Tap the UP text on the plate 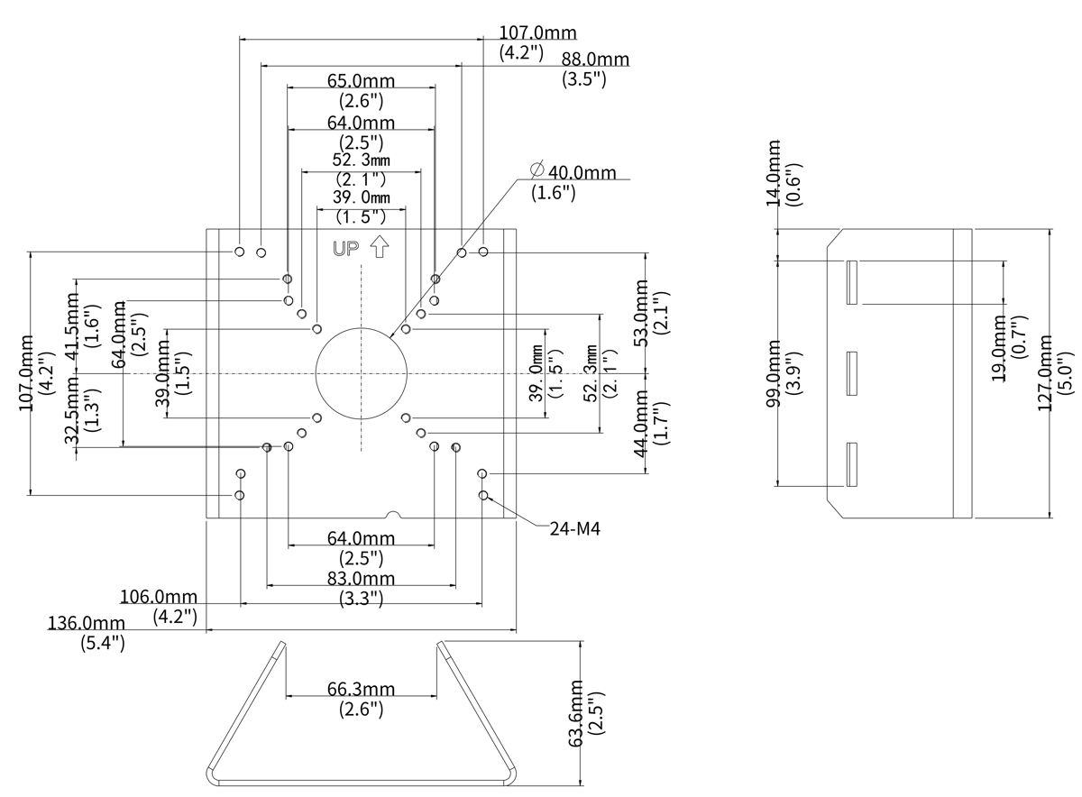(x=346, y=249)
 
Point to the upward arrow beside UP (x=379, y=246)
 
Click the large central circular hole (x=361, y=372)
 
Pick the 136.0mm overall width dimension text (x=87, y=623)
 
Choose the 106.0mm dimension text (x=158, y=597)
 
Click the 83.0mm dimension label (x=361, y=578)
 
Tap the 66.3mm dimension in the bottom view (x=361, y=690)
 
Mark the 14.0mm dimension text (x=774, y=174)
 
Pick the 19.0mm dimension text (x=998, y=348)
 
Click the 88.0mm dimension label (x=595, y=60)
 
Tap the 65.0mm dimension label (x=361, y=81)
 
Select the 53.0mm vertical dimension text (x=641, y=313)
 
